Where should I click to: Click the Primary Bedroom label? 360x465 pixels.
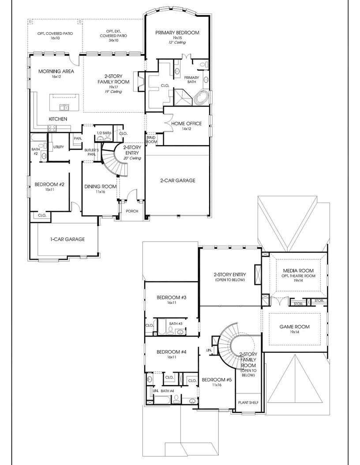click(177, 33)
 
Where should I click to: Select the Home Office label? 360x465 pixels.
click(187, 124)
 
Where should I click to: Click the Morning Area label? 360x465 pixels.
click(56, 71)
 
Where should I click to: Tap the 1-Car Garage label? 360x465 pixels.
click(67, 239)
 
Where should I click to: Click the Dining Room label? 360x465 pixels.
click(100, 186)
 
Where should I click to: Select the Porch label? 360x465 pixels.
click(131, 211)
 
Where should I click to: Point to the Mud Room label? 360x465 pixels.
click(152, 140)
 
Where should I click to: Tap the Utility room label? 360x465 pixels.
click(58, 147)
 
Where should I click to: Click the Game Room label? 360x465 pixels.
click(294, 327)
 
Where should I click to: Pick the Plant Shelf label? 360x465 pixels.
click(248, 403)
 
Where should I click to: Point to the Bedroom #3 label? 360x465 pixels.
click(172, 297)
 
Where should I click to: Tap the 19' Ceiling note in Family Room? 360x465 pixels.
click(113, 92)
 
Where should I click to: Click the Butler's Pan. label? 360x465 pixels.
click(92, 152)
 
